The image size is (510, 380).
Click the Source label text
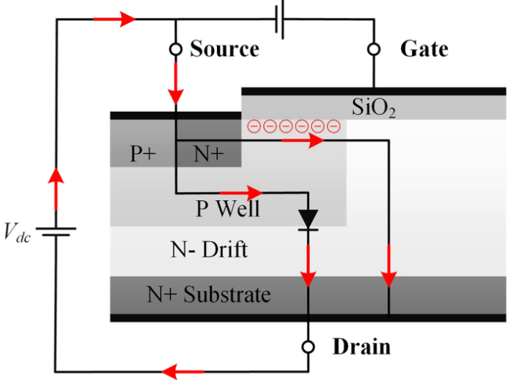click(x=224, y=49)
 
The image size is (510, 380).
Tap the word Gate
click(x=424, y=49)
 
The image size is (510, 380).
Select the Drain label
click(x=362, y=346)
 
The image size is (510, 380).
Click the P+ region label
click(x=143, y=153)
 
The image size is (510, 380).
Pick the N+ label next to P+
click(x=208, y=153)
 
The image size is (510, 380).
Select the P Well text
click(x=227, y=209)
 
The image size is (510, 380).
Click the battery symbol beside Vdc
click(x=56, y=232)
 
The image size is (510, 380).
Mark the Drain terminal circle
click(x=308, y=346)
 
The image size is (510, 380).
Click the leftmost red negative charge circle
click(x=254, y=126)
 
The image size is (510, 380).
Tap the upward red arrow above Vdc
click(x=56, y=185)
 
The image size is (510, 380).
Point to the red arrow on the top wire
click(x=123, y=19)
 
